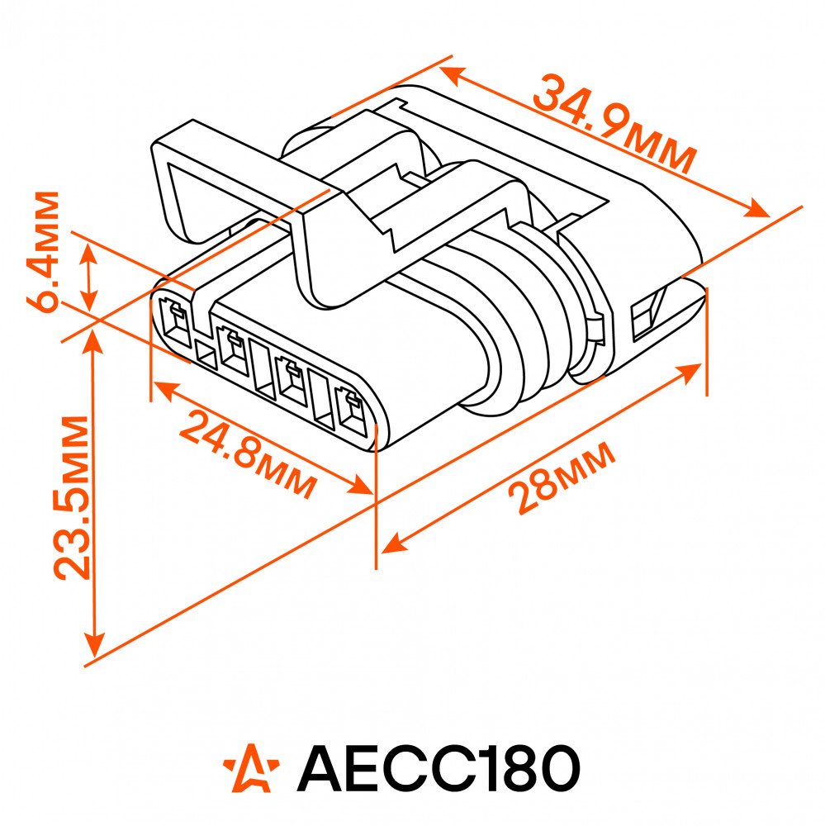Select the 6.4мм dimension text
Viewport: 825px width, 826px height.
click(43, 252)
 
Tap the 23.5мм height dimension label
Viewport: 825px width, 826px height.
click(72, 498)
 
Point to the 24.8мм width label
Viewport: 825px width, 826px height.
click(249, 453)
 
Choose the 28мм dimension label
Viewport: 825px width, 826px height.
click(562, 477)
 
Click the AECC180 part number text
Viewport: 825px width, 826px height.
click(439, 767)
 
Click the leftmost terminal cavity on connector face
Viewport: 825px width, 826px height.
click(174, 322)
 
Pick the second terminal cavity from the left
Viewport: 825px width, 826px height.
click(232, 350)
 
